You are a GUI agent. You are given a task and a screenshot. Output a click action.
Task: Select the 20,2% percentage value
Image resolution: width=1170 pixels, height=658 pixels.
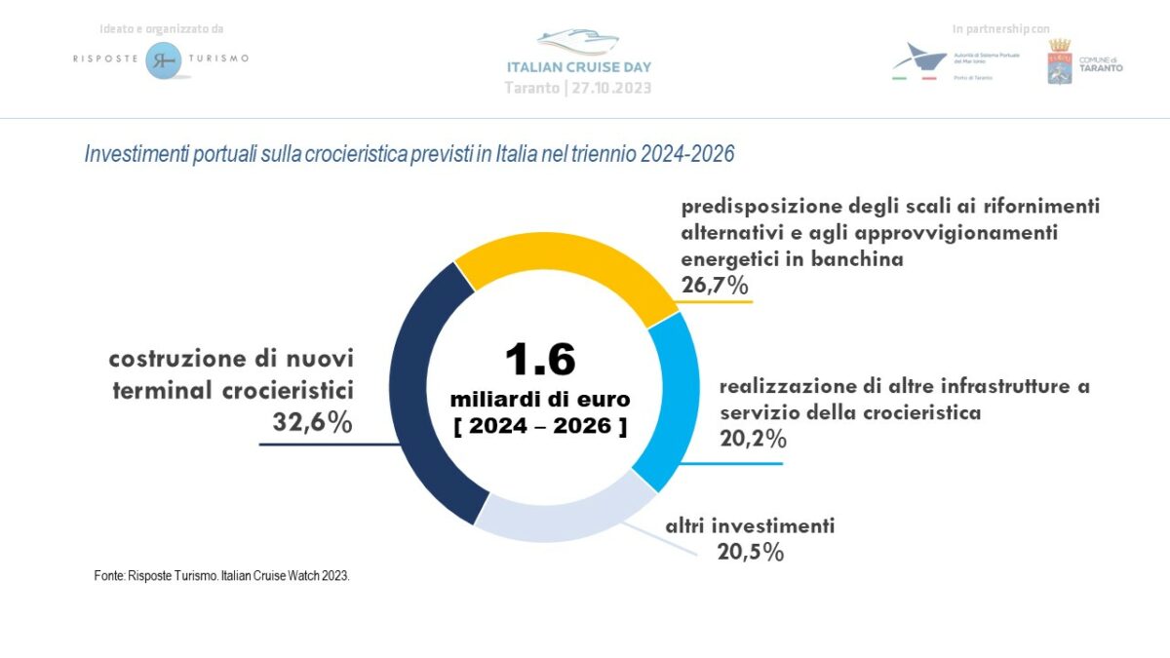coord(753,439)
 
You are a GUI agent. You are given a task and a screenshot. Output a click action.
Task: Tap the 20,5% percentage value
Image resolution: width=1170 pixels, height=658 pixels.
coord(751,552)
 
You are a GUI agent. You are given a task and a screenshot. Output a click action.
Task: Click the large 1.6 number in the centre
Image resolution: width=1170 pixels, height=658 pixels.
coord(539,359)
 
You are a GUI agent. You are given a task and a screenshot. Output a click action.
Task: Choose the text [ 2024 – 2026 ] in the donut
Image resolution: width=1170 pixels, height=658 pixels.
coord(540,427)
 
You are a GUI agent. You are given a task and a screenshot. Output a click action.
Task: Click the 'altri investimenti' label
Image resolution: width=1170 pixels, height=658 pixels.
coord(750,526)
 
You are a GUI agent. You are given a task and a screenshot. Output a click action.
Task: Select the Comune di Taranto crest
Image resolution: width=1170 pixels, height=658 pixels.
coord(1059,61)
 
